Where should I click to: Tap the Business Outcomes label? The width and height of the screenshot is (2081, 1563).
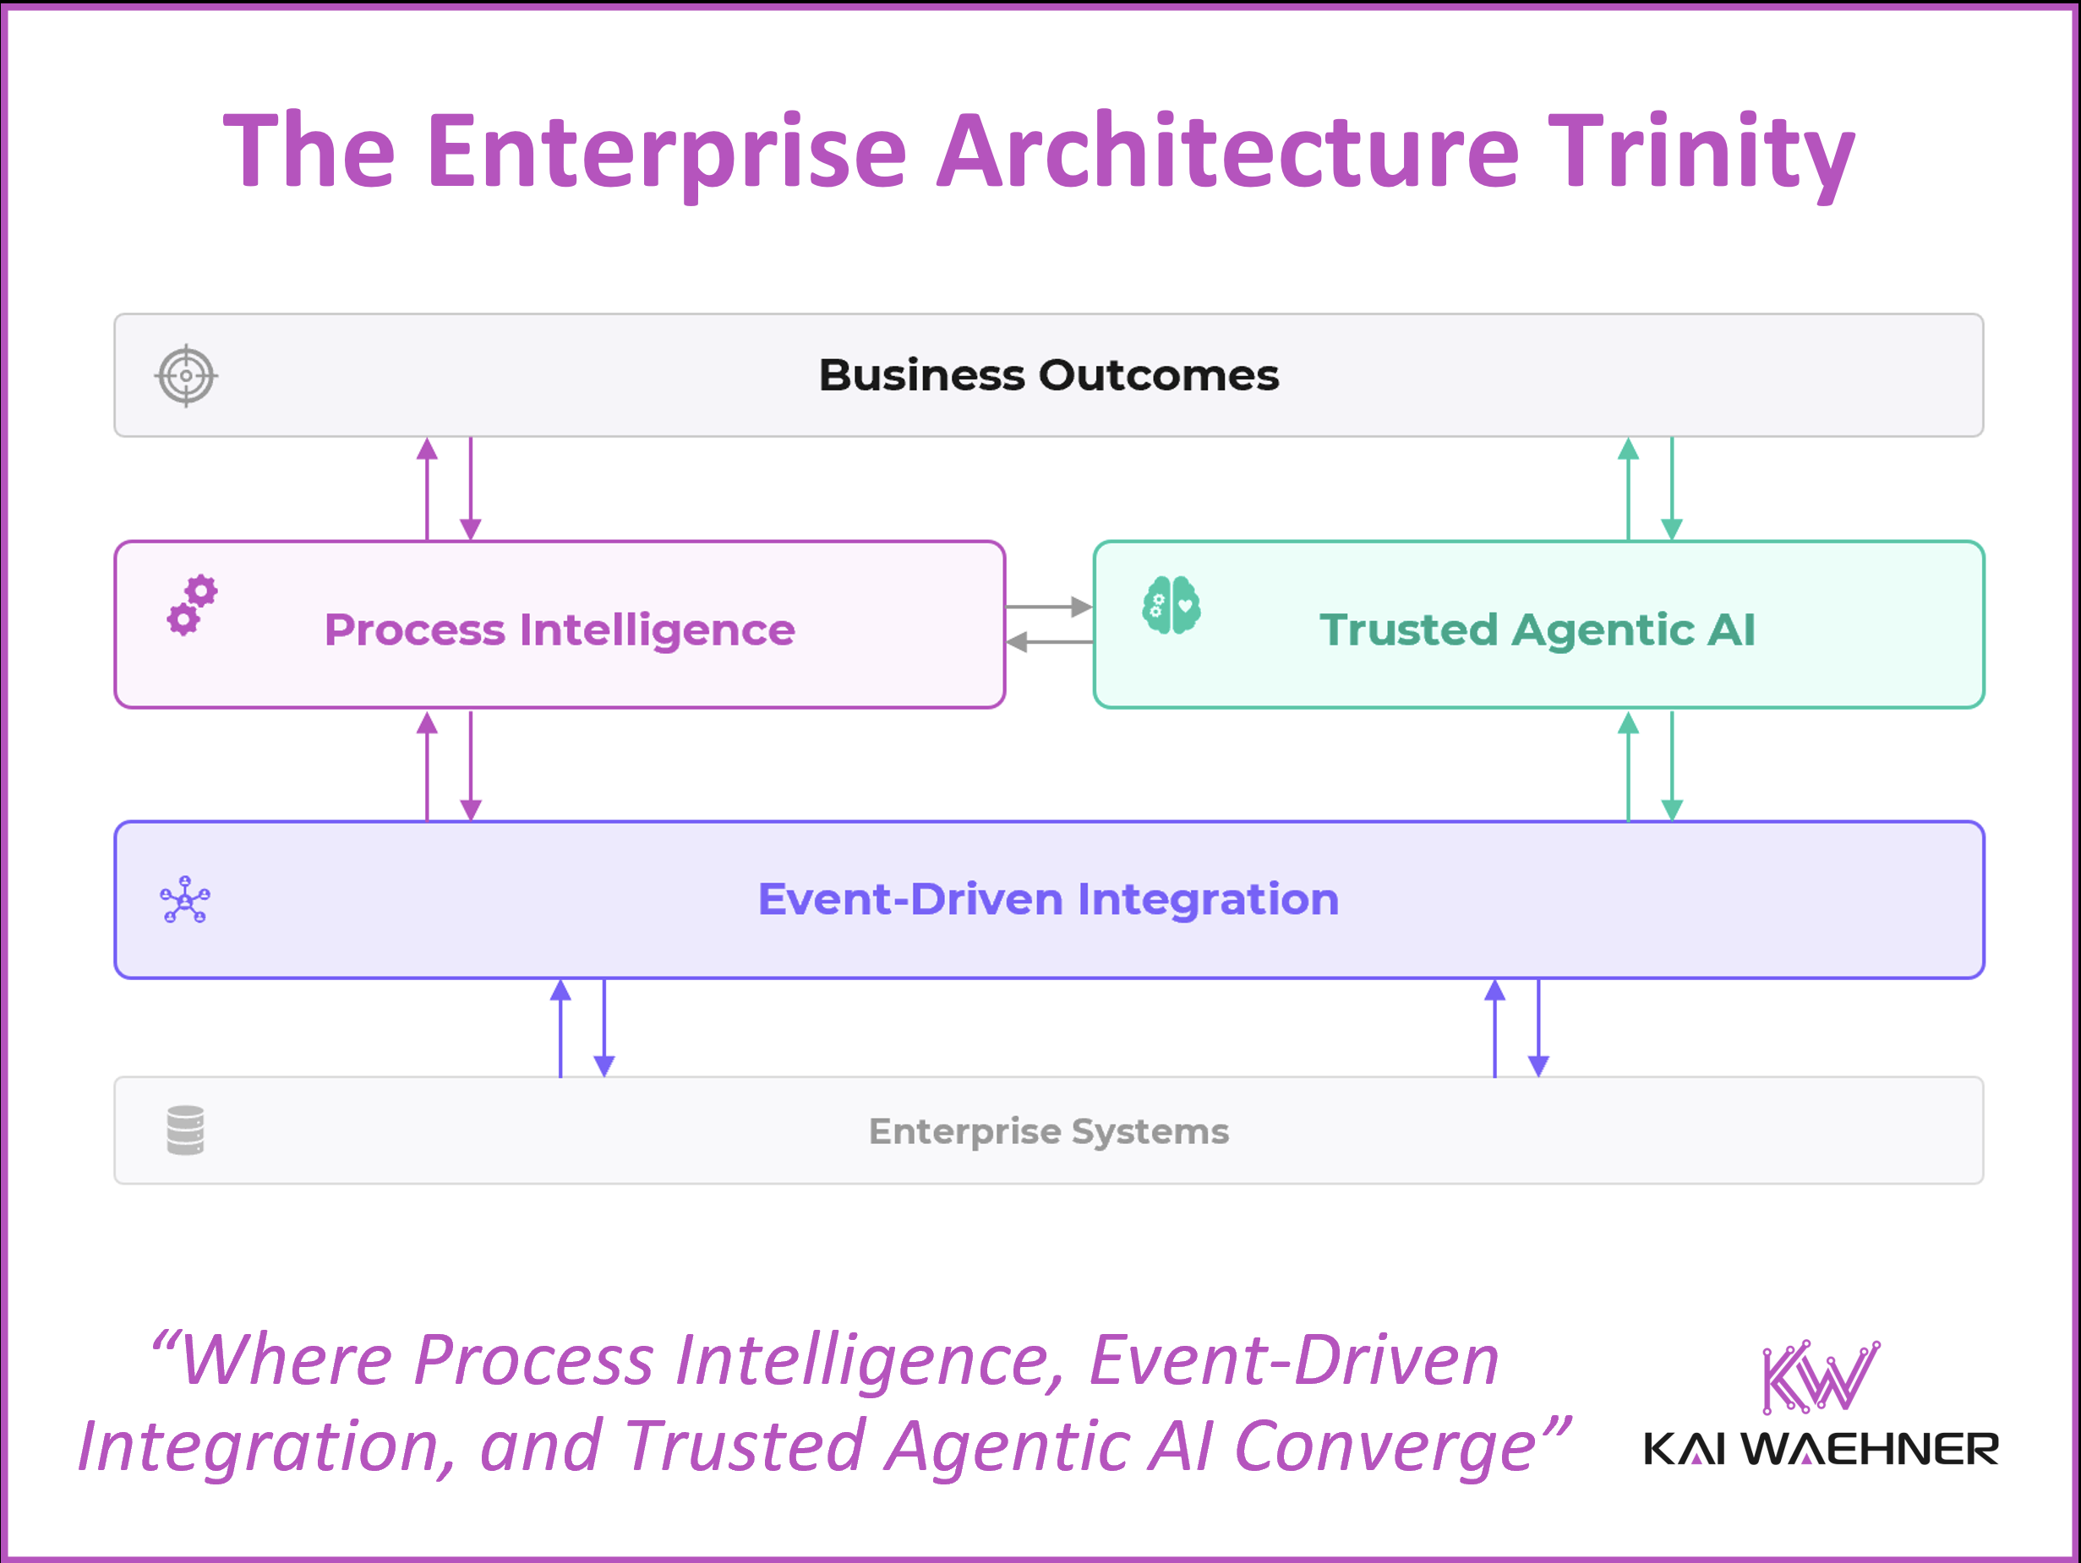1048,375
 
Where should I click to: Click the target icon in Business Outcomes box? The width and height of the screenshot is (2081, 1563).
186,375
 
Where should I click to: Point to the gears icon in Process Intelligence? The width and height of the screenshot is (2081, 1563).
192,606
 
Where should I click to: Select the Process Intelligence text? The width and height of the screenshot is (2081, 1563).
560,629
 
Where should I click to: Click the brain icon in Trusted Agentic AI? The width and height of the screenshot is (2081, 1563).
1172,605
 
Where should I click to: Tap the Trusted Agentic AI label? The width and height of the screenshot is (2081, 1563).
1538,629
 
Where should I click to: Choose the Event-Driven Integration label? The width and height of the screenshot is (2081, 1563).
1048,899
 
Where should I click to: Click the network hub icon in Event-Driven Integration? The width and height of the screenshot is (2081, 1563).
185,900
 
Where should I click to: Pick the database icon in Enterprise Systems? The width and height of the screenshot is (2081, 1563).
185,1130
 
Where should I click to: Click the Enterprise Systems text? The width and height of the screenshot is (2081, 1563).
1048,1130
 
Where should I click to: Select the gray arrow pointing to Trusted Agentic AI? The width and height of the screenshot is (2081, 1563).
1049,607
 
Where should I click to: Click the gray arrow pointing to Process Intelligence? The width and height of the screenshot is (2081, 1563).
1049,642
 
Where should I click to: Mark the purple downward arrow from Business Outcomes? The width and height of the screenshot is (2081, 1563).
471,489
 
